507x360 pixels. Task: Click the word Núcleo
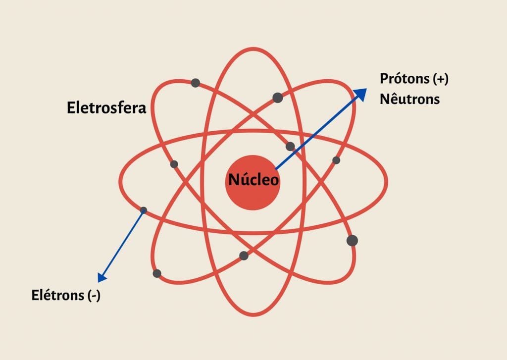[253, 180]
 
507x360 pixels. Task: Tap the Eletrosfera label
[106, 107]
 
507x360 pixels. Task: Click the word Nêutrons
[409, 99]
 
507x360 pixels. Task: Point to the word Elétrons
[58, 295]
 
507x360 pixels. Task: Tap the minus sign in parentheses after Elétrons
[94, 295]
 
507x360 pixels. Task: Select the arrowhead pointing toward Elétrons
[102, 277]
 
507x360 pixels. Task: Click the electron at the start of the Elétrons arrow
[144, 210]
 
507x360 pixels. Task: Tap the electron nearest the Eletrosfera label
[195, 83]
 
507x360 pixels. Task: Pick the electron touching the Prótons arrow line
[290, 147]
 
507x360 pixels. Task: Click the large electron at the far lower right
[352, 241]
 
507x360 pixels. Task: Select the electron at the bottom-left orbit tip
[157, 273]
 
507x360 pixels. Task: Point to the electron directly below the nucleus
[244, 256]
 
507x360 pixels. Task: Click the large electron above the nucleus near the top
[278, 98]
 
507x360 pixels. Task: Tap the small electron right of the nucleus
[336, 160]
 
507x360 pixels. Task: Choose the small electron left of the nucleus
[174, 164]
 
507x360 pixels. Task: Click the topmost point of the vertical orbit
[253, 49]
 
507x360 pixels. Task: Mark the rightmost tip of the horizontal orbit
[386, 182]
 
